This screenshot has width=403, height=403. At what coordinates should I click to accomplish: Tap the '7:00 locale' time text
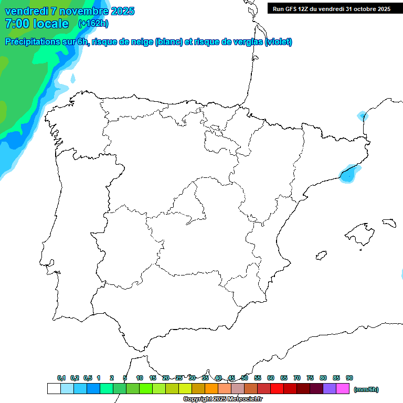coord(37,24)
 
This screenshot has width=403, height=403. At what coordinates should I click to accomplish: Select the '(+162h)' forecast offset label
coord(93,24)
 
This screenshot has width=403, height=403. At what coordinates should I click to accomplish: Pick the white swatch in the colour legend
coord(54,389)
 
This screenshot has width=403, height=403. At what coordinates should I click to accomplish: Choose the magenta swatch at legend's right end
coord(343,389)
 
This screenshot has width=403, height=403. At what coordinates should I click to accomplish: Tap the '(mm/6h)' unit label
coord(366,389)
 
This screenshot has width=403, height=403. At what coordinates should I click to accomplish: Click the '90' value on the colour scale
coord(349,378)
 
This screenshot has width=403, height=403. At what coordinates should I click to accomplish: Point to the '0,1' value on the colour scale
coord(61,378)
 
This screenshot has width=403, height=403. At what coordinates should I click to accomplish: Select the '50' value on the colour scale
coord(245,378)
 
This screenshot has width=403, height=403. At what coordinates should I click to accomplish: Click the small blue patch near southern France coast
coord(362,115)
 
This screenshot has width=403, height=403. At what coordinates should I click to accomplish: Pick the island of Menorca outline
coord(389,222)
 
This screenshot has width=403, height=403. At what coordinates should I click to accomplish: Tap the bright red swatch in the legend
coord(277,389)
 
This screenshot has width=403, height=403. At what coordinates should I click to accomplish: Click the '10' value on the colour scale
coord(140,378)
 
